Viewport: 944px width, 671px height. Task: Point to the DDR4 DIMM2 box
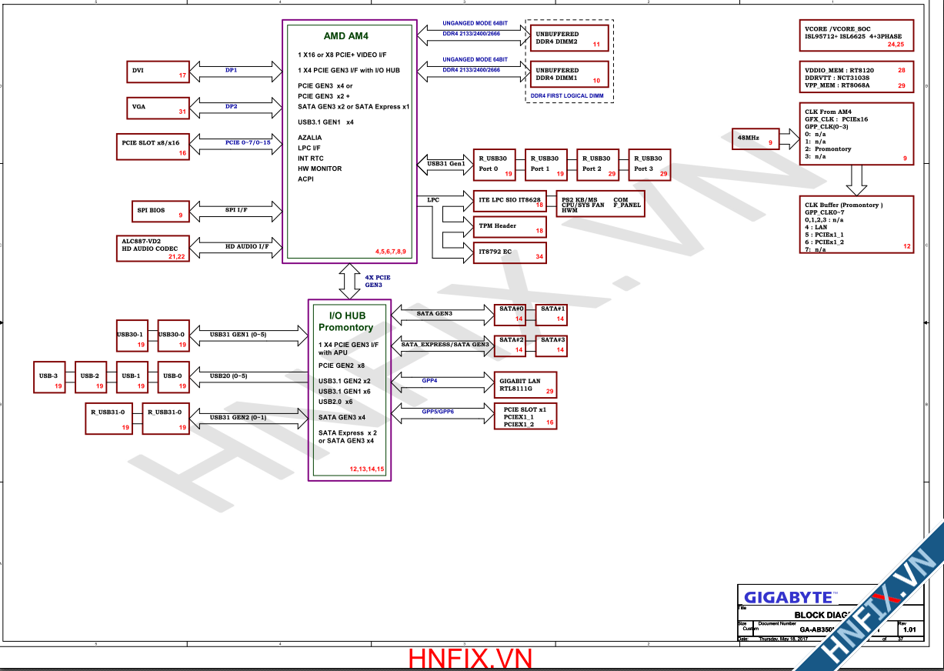pos(568,38)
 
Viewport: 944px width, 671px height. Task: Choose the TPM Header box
pos(509,226)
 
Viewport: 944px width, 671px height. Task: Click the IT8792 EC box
pos(509,252)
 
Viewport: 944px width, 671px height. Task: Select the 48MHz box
pos(755,139)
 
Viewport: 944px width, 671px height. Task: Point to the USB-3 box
pos(49,376)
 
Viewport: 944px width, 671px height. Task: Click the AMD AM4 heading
pos(345,36)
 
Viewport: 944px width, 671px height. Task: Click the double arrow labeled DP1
pos(232,71)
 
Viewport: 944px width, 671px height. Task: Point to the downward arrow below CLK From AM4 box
pos(856,180)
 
